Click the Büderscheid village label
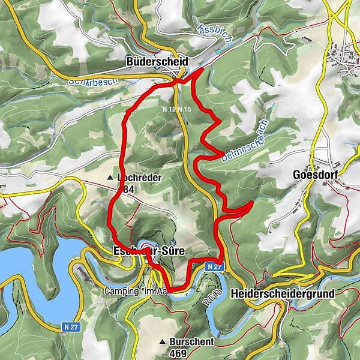click(x=157, y=61)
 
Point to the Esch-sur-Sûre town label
click(x=148, y=251)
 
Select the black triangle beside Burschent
click(x=163, y=341)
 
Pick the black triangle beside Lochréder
click(x=110, y=178)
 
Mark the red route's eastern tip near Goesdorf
click(x=250, y=203)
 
